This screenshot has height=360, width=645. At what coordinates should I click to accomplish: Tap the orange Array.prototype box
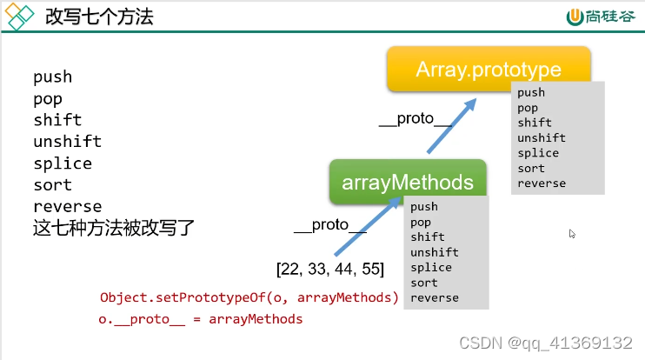488,69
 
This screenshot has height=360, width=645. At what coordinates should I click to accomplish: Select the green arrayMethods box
407,183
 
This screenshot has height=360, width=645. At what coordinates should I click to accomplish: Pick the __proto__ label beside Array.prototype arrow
415,119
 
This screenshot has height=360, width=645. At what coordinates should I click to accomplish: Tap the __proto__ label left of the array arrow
329,225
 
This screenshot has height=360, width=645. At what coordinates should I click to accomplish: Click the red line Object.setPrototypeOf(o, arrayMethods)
249,298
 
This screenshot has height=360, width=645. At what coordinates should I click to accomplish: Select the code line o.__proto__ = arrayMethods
201,319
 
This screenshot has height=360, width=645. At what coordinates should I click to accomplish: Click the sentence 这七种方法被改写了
114,229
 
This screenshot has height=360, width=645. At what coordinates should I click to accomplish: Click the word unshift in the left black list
67,142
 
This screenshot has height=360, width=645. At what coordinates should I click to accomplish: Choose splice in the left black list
63,163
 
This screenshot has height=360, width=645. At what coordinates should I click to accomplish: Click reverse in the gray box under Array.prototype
541,183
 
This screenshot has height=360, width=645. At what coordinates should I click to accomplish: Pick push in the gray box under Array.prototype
531,92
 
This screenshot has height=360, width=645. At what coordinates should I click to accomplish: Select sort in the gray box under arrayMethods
424,283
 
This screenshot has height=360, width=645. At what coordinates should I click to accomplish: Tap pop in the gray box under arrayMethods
421,222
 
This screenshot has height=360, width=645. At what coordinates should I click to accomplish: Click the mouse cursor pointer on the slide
572,233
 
